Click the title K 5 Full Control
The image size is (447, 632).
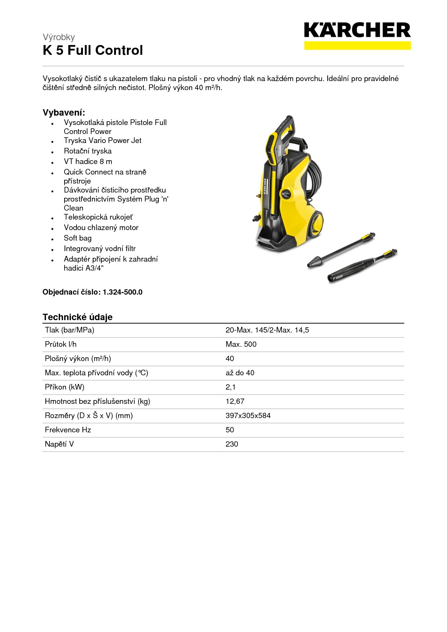point(93,50)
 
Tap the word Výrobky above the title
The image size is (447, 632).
point(59,37)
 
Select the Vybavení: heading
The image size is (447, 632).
point(64,113)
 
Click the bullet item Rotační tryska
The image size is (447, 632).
point(87,151)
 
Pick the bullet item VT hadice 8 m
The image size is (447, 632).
point(88,161)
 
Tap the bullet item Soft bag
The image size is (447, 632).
point(77,238)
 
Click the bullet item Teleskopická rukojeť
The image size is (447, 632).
point(98,217)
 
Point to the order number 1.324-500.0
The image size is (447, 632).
point(122,292)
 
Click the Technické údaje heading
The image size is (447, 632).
point(77,317)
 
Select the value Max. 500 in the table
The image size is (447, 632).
point(241,344)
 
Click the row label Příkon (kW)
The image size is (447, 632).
point(65,387)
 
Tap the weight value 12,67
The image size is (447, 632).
point(235,401)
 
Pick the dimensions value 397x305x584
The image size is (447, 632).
point(248,415)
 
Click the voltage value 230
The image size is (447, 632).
point(232,444)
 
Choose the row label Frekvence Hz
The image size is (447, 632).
point(68,430)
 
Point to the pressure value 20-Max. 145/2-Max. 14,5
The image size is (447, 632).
point(267,330)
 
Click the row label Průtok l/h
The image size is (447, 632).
point(60,344)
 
